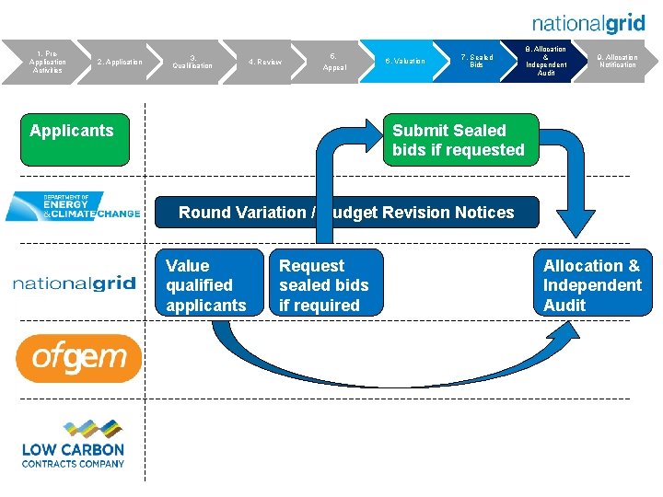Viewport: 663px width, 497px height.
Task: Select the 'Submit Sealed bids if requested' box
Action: (x=458, y=140)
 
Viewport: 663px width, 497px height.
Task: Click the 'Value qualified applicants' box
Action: (x=209, y=285)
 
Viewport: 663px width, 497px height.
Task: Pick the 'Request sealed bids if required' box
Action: (x=325, y=285)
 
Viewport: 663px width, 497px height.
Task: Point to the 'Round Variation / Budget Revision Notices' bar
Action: (x=346, y=213)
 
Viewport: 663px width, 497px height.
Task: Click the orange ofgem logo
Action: (x=78, y=358)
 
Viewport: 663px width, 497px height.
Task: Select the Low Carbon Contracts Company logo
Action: (x=73, y=444)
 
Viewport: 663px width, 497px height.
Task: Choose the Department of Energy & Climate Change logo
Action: (x=73, y=206)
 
